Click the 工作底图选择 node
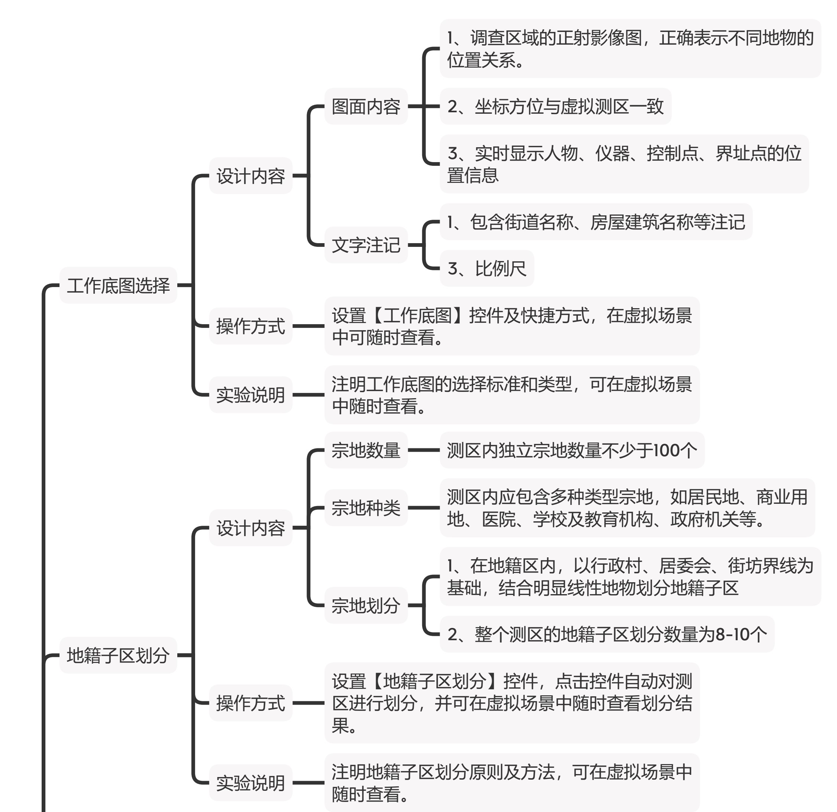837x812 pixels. point(118,285)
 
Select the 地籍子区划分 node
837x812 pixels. point(118,655)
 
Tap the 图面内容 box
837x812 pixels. point(366,106)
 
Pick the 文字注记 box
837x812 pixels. point(366,245)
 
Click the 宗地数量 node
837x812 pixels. point(366,450)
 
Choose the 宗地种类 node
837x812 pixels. point(366,508)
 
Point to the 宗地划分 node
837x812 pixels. point(366,605)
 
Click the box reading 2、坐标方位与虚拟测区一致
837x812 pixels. point(556,106)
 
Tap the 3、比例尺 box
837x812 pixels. point(487,268)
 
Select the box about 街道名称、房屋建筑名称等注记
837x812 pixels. point(596,222)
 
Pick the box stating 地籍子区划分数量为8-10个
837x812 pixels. point(607,634)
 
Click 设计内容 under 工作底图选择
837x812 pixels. point(251,175)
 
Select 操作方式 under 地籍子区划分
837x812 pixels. point(251,703)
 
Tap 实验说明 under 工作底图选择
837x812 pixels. point(251,395)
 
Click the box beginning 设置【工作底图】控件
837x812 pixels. point(512,326)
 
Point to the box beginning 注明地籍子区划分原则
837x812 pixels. point(512,783)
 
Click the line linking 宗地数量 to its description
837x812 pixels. point(424,450)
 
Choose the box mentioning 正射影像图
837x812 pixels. point(630,49)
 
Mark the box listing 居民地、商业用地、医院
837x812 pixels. point(627,508)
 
